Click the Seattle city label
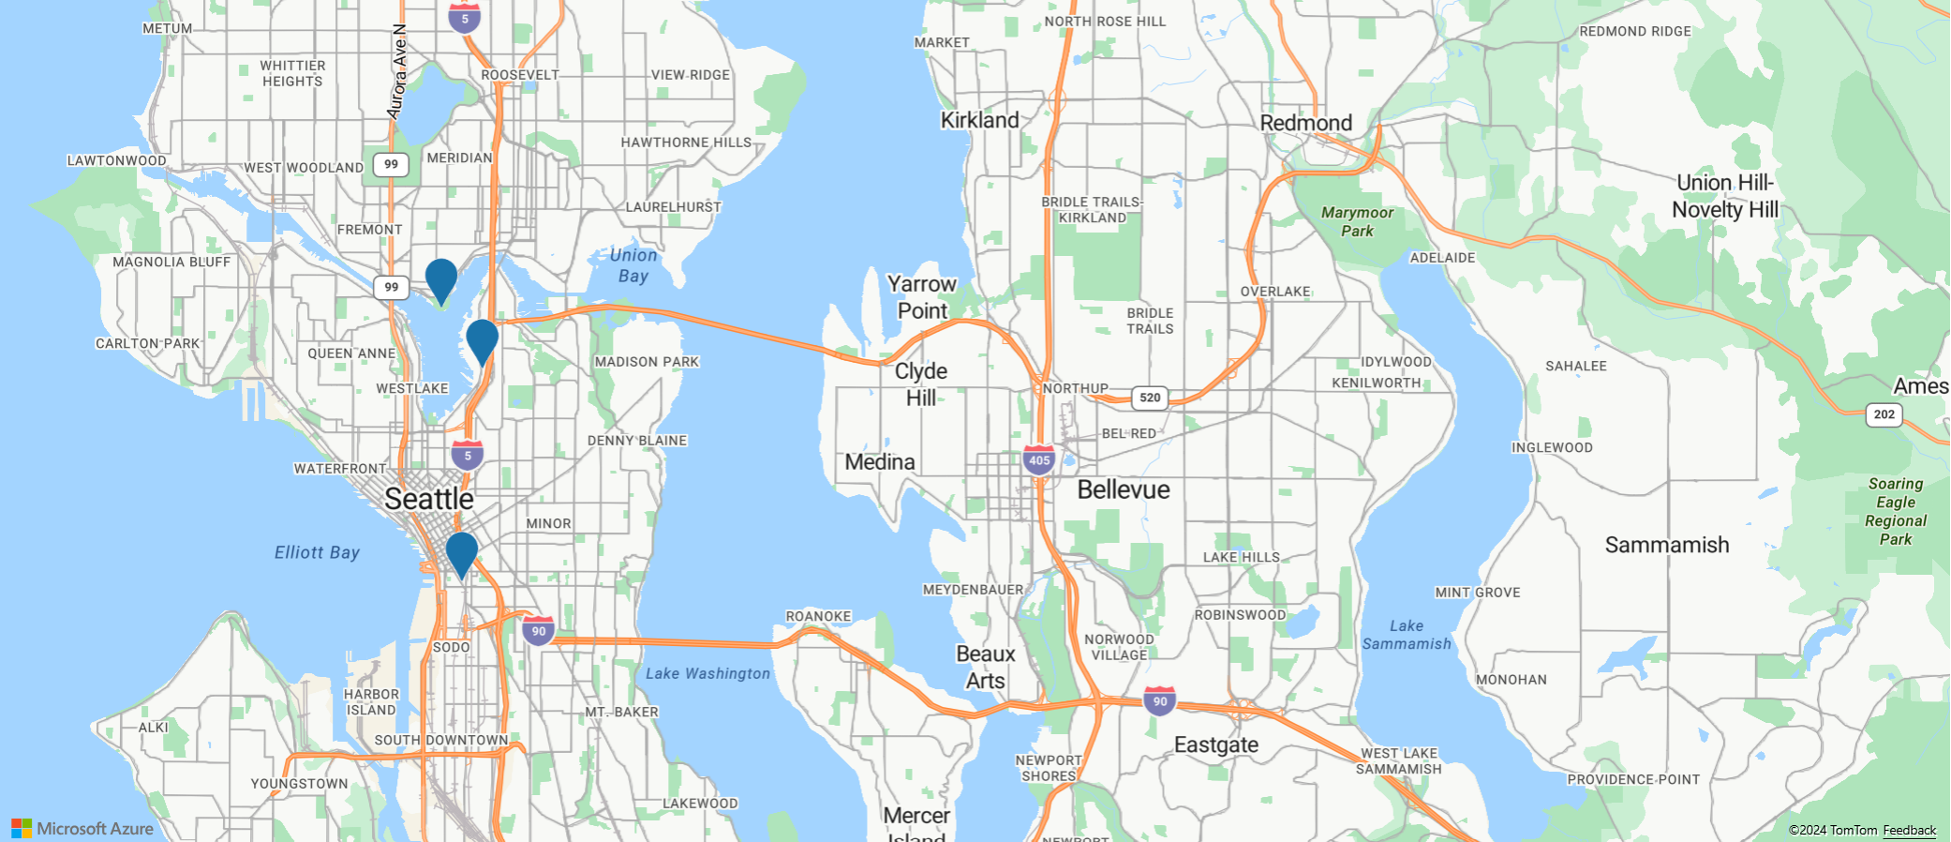coord(429,499)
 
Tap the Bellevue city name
coord(1124,489)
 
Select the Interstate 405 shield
coord(1039,460)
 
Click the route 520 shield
coord(1150,398)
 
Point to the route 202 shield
coord(1884,414)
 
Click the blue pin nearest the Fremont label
coord(440,278)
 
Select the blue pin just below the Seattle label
coord(461,552)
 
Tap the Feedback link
coord(1909,830)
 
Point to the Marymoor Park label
coord(1357,221)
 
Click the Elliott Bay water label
coord(317,552)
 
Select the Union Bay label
coord(633,265)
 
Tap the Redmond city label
coord(1305,123)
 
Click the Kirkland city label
coord(979,120)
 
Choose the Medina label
coord(880,461)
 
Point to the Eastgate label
coord(1215,744)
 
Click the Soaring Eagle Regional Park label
coord(1895,511)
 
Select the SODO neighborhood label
coord(451,647)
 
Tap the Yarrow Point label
coord(922,296)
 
